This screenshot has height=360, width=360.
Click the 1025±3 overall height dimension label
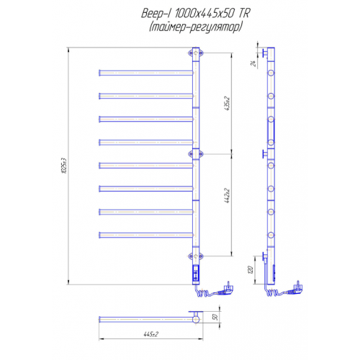(x=64, y=166)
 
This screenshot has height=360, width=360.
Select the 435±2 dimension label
(x=227, y=104)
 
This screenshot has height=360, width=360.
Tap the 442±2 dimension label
(x=227, y=196)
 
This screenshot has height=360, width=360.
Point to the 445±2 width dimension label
(x=151, y=334)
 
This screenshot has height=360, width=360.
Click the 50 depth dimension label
(x=215, y=317)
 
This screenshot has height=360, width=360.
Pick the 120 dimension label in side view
(x=250, y=270)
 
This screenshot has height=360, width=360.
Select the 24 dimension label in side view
(x=253, y=63)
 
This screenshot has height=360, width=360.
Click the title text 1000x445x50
(x=204, y=14)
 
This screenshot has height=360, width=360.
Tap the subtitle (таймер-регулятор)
(x=195, y=27)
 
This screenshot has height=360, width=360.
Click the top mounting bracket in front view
(x=196, y=53)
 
